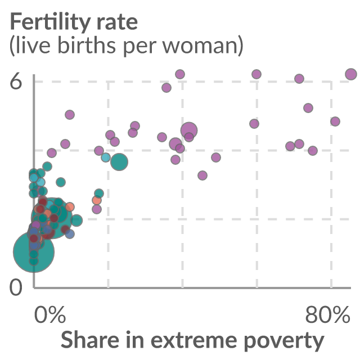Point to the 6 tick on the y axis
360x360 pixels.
pos(16,81)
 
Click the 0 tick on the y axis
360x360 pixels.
pos(16,287)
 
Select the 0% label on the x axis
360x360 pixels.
pos(50,314)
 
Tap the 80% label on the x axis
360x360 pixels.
pos(327,314)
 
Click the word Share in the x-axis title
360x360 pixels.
pos(90,340)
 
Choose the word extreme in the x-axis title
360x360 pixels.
pos(193,341)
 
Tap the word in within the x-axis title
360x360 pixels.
pos(135,340)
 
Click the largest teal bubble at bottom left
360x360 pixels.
pos(34,252)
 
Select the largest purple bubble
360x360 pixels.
pos(189,130)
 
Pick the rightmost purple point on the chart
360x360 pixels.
pos(351,74)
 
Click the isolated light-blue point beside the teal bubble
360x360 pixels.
pos(106,157)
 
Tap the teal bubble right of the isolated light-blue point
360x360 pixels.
pos(119,162)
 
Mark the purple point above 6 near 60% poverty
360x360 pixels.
pos(256,74)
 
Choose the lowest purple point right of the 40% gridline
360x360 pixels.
pos(202,175)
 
